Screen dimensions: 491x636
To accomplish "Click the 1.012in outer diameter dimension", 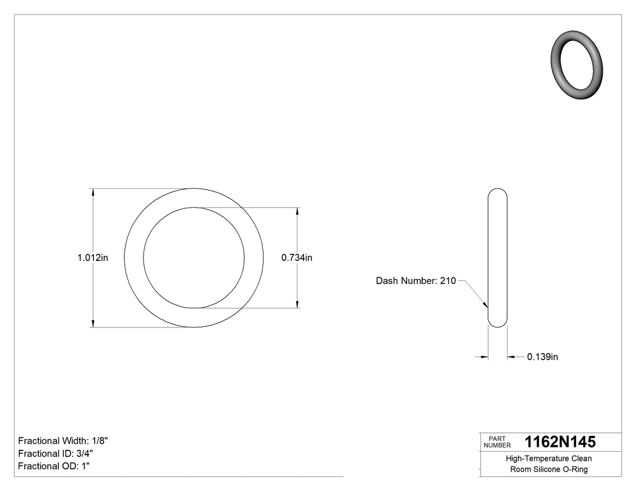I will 92,258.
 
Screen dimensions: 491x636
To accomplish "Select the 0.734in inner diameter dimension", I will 297,258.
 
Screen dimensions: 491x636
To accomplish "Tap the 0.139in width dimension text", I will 542,357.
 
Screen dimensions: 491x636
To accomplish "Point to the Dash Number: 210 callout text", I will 416,281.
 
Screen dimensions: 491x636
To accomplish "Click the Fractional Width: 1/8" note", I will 63,441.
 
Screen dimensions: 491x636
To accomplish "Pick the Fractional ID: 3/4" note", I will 56,453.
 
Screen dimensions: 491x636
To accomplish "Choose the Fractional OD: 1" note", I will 55,466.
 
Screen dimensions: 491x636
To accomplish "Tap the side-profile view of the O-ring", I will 497,258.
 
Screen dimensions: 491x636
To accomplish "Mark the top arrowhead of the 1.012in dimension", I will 93,193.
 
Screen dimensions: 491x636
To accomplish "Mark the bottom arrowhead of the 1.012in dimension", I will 93,323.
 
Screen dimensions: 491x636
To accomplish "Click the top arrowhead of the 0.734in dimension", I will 297,212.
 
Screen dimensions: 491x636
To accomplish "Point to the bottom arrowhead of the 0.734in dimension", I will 297,303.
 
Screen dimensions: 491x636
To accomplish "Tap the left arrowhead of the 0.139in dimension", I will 484,357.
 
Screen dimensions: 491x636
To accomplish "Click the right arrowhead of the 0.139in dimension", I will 511,357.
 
